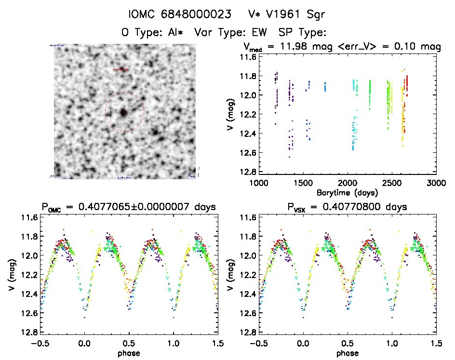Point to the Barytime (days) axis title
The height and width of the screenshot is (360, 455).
click(x=347, y=192)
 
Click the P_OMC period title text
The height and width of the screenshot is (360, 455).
click(x=128, y=207)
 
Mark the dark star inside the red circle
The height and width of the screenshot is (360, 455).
click(x=124, y=112)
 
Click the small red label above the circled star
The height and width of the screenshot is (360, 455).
click(x=121, y=70)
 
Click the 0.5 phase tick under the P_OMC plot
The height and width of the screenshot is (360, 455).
click(x=128, y=343)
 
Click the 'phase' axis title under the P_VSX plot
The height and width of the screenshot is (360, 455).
click(x=347, y=353)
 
